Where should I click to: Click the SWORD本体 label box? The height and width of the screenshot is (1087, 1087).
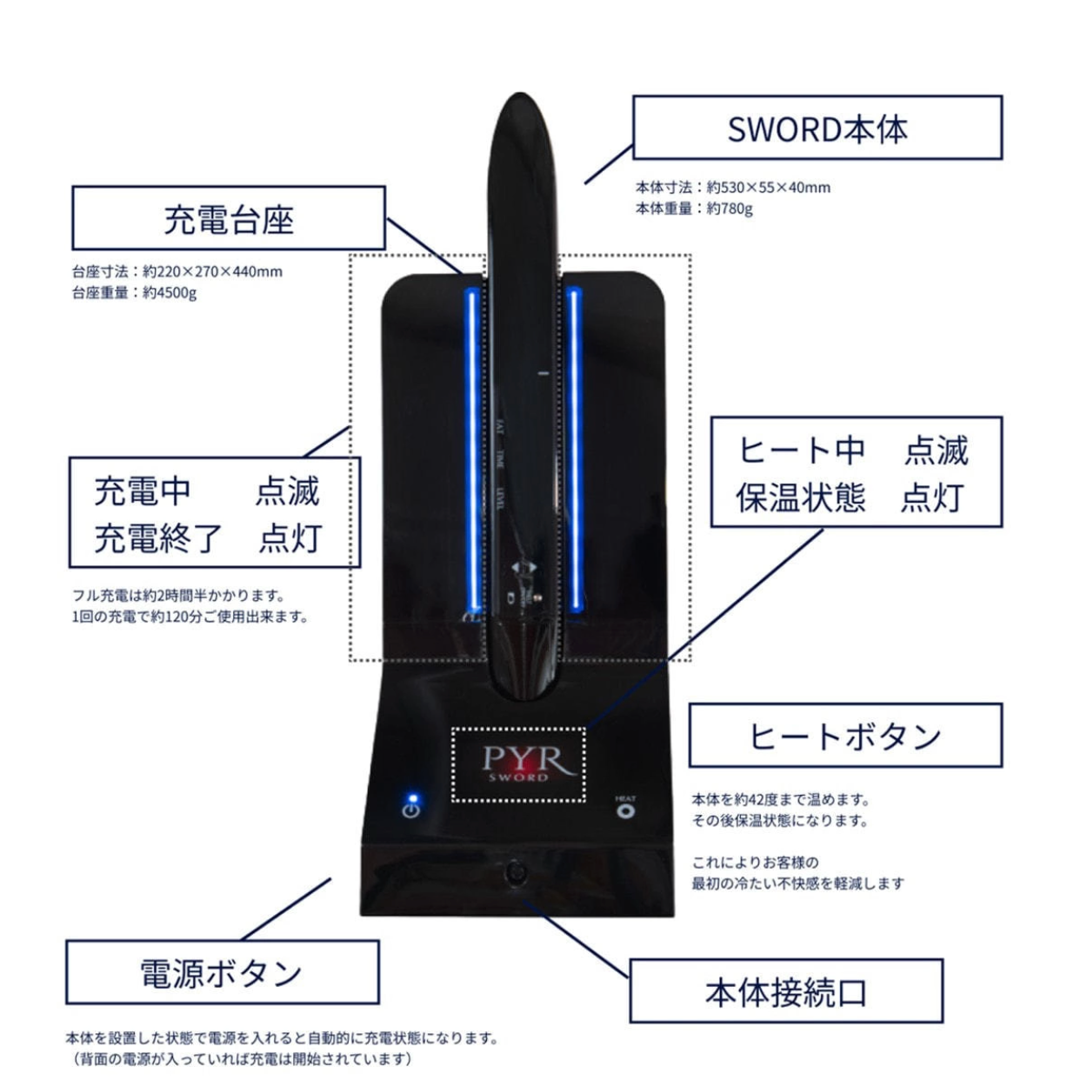pyautogui.click(x=817, y=128)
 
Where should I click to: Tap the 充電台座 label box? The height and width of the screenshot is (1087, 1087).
pyautogui.click(x=228, y=218)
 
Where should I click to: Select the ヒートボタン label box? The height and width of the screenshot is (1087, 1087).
pyautogui.click(x=845, y=736)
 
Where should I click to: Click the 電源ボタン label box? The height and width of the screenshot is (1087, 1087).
pyautogui.click(x=222, y=972)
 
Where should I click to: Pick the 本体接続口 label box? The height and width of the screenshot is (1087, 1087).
pyautogui.click(x=786, y=991)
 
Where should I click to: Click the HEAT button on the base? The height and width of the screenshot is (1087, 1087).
pyautogui.click(x=625, y=810)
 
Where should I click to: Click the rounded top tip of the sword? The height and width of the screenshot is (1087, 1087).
pyautogui.click(x=519, y=109)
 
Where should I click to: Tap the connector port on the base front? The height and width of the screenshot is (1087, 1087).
pyautogui.click(x=517, y=870)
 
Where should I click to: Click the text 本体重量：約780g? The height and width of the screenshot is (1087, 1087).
pyautogui.click(x=694, y=209)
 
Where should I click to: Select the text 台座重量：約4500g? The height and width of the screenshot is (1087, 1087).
pyautogui.click(x=134, y=293)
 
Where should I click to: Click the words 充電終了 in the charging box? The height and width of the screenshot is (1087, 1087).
pyautogui.click(x=158, y=538)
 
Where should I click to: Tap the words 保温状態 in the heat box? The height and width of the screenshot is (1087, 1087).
pyautogui.click(x=800, y=498)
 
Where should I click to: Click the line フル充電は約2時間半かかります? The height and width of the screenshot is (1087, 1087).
pyautogui.click(x=179, y=596)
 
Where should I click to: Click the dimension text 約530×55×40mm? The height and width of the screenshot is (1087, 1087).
pyautogui.click(x=769, y=187)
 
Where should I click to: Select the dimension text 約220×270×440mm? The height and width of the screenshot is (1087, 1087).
pyautogui.click(x=213, y=271)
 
